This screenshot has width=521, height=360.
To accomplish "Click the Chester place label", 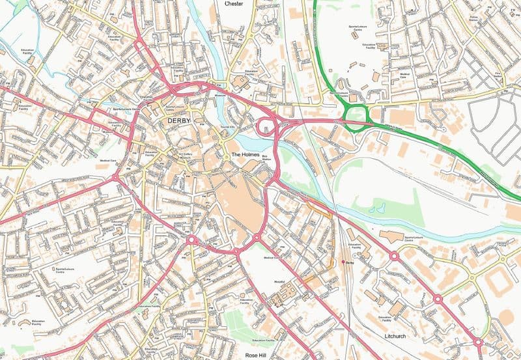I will pos(234,4).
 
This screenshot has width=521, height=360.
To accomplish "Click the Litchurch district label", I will pos(395,337).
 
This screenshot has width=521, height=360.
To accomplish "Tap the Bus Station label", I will pos(265,158).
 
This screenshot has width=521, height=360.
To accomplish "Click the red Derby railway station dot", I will pos(343,262).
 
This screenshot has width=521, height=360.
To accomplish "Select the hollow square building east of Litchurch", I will pos(497,282).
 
